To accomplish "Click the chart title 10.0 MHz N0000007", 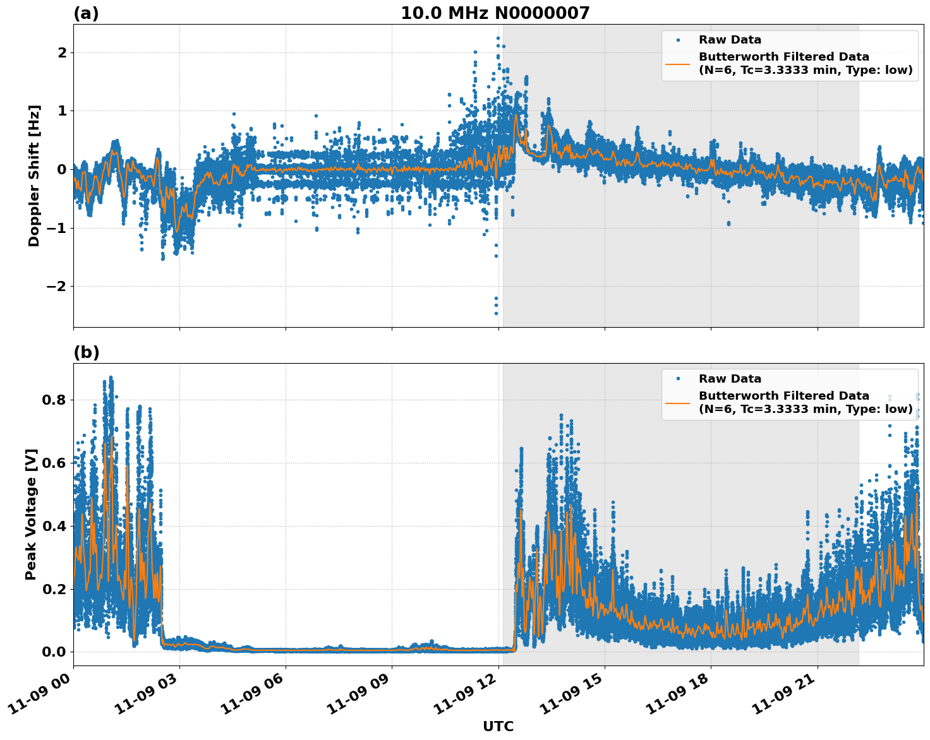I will click(495, 13).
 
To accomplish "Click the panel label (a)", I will click(86, 13).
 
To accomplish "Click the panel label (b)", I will click(87, 352).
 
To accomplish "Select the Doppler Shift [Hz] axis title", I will click(34, 176).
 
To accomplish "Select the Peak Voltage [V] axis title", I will click(31, 514).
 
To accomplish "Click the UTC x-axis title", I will click(498, 726).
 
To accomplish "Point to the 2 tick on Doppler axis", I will click(62, 52).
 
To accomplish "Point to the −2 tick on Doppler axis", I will click(57, 287).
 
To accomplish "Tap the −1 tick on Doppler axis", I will click(57, 228).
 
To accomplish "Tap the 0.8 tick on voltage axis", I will click(54, 400).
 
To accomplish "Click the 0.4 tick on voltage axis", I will click(54, 526).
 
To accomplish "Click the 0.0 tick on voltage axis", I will click(54, 652).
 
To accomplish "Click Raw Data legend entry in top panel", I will click(730, 40).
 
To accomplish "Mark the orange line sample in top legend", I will click(677, 64).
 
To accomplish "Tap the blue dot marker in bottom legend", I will click(677, 379).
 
